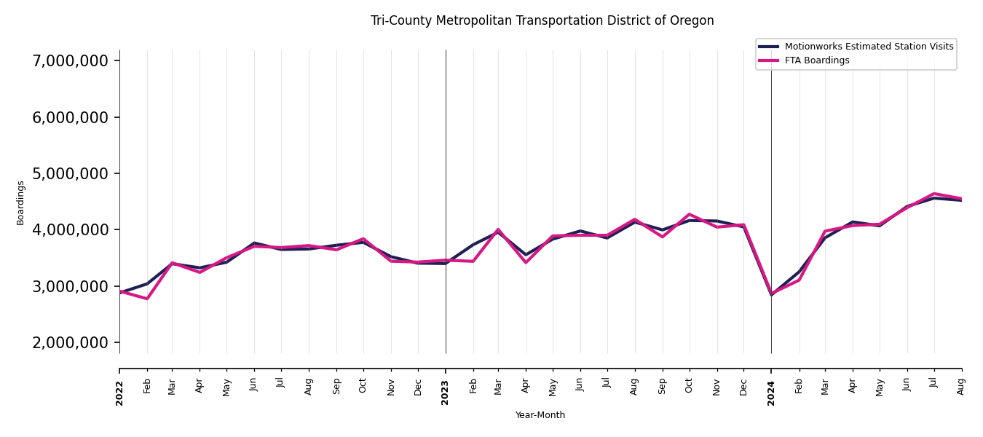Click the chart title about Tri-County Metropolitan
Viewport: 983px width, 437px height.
click(542, 21)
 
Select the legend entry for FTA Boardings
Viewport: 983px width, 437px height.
click(818, 60)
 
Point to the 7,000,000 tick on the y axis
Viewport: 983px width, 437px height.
click(71, 60)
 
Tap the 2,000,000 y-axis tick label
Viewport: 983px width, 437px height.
click(71, 342)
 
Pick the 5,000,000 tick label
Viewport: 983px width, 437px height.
click(71, 173)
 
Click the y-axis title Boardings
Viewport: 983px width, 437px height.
click(20, 202)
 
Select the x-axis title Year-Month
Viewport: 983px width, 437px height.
click(540, 415)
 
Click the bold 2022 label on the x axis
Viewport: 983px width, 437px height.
click(119, 393)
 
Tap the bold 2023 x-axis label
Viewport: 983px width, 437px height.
click(446, 393)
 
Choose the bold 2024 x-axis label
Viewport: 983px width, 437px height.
click(771, 393)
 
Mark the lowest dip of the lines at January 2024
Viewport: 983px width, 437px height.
click(771, 294)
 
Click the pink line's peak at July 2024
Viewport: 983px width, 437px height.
click(934, 194)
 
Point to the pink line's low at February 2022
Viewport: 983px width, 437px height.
click(147, 299)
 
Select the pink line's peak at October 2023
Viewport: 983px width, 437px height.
click(690, 214)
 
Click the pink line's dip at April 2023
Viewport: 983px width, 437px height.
click(526, 262)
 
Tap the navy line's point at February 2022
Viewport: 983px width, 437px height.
click(147, 283)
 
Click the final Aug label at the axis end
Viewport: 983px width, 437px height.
click(961, 386)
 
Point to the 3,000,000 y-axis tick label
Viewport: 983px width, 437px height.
click(71, 286)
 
